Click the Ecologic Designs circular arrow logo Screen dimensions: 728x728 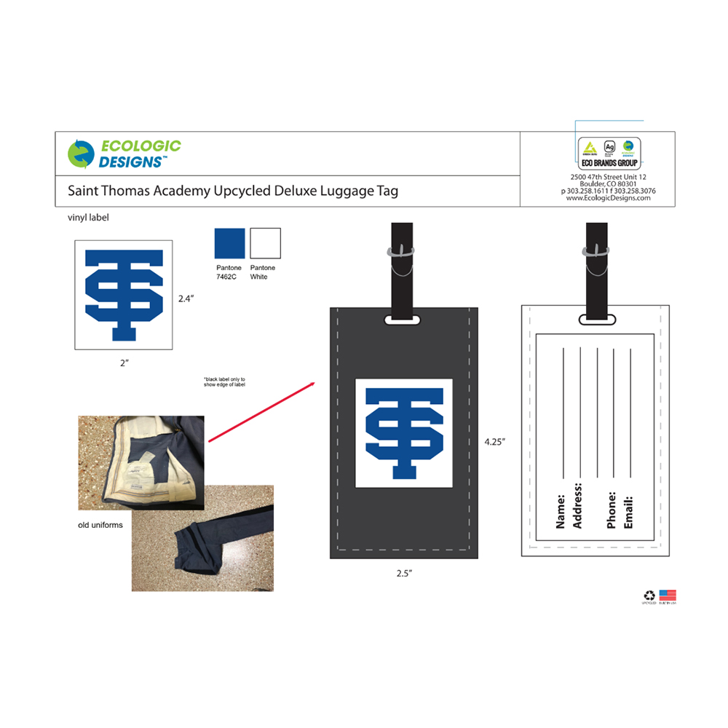[81, 154]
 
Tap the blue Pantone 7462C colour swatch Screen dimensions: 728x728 [228, 242]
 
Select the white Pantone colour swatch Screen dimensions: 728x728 [265, 242]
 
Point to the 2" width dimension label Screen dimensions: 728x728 [124, 362]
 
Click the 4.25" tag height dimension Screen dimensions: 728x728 [494, 441]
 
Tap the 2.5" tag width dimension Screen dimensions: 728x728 [404, 574]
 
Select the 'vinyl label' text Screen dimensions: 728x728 [88, 217]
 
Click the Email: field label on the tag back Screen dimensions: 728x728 [628, 513]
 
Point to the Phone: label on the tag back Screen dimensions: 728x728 [612, 510]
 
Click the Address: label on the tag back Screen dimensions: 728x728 [578, 505]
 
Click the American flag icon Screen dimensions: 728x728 [668, 595]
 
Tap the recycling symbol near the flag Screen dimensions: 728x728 [649, 595]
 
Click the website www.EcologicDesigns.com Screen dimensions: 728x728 [608, 198]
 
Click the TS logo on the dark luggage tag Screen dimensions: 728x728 [404, 434]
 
